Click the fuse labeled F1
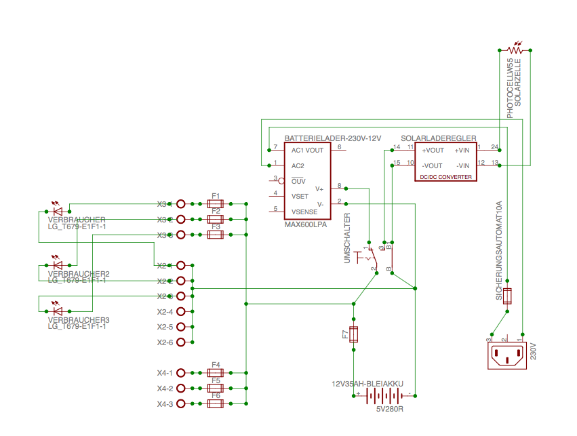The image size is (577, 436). coord(215,203)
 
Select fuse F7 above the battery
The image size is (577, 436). coord(353,334)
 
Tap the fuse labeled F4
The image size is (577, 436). coord(215,372)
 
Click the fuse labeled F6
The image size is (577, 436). coord(215,403)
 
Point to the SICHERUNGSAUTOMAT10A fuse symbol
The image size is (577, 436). coord(508,296)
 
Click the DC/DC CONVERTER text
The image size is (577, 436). coord(445,177)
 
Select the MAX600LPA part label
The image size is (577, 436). coord(306,224)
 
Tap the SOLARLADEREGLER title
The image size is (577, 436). coord(438,138)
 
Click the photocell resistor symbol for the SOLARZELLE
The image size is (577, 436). coord(515,49)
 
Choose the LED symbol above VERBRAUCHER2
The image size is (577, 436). coord(57,264)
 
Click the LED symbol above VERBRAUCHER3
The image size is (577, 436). coord(57,311)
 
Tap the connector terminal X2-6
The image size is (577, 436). coord(181,342)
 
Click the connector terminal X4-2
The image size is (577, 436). coord(181,389)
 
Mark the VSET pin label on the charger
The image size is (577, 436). coord(300,196)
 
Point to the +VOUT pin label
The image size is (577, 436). coord(433,151)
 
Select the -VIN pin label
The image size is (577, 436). coord(463,165)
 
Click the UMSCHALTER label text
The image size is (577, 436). coord(347,238)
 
